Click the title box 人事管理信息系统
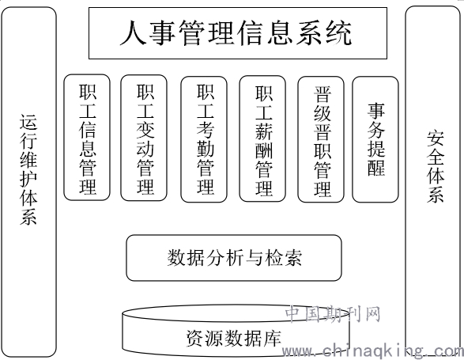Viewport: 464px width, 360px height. (238, 33)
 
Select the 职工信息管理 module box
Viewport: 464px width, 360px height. (87, 138)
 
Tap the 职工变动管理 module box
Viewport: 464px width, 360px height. (144, 138)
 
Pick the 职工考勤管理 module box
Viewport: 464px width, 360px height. (204, 139)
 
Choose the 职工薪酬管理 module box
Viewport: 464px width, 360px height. (262, 138)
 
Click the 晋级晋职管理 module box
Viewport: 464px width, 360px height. (321, 139)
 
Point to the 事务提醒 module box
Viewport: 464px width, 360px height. (375, 139)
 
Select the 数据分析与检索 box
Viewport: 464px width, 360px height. (234, 258)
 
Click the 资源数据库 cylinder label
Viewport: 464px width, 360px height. (233, 338)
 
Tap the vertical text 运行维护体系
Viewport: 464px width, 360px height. (28, 169)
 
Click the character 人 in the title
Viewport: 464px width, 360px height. (133, 32)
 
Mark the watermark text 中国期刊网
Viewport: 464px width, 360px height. (333, 314)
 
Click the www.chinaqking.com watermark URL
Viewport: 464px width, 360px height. (372, 351)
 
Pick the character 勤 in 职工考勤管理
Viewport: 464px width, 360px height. (206, 149)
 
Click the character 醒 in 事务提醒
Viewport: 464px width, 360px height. (376, 168)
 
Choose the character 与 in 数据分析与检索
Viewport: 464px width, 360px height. (254, 257)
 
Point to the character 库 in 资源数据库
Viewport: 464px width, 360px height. (272, 338)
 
